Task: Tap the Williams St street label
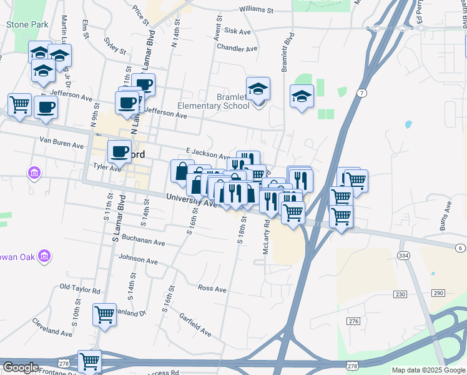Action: click(x=256, y=11)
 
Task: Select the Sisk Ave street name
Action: click(x=237, y=31)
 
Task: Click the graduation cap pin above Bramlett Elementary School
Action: click(x=257, y=89)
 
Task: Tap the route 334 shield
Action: click(x=403, y=256)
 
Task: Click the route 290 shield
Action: click(x=438, y=293)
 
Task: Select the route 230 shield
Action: click(x=400, y=294)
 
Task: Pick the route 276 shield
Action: click(x=354, y=321)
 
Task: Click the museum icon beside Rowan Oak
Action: click(x=44, y=256)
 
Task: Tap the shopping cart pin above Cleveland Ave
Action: click(x=104, y=314)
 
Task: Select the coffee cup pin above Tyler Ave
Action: click(x=119, y=151)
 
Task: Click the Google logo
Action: click(x=21, y=367)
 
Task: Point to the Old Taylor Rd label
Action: click(x=80, y=289)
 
